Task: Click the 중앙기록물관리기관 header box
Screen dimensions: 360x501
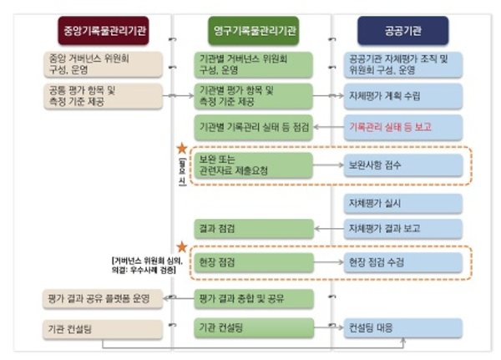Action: (x=105, y=31)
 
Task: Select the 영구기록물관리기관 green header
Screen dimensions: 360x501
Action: (x=253, y=31)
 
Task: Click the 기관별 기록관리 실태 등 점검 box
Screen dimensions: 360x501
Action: (x=253, y=125)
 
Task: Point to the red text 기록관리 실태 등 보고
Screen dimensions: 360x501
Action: (x=403, y=125)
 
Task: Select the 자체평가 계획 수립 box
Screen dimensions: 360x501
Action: (x=403, y=95)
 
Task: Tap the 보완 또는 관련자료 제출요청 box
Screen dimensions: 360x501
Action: (x=253, y=164)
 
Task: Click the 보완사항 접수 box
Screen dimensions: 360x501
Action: (x=403, y=164)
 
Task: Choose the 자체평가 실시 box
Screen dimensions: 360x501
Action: (x=403, y=203)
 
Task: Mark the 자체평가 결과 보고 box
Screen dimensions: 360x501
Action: (x=403, y=227)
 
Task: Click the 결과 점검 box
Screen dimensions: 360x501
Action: (x=253, y=227)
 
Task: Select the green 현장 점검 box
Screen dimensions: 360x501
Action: (x=253, y=262)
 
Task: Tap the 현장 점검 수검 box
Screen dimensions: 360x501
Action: (x=403, y=262)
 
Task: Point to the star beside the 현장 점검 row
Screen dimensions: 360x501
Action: (x=182, y=242)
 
